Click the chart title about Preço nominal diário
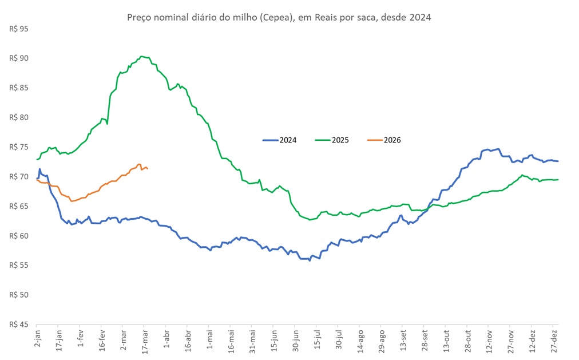pyautogui.click(x=278, y=17)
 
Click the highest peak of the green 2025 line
pyautogui.click(x=142, y=56)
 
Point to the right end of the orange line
pyautogui.click(x=148, y=168)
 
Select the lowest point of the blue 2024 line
pyautogui.click(x=310, y=260)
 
